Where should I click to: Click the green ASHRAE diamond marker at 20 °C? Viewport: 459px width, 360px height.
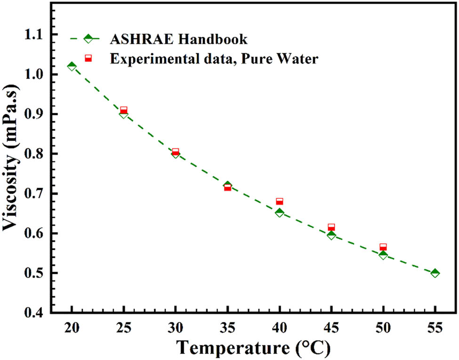(72, 66)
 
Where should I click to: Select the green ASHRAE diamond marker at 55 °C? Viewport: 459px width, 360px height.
(435, 273)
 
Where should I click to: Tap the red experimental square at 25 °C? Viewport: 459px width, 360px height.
(124, 110)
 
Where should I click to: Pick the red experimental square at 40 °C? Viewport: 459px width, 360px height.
(280, 201)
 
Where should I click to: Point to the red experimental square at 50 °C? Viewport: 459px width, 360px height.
(383, 247)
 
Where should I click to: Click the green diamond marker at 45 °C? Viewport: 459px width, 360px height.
(331, 235)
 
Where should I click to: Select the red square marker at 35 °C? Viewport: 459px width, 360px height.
(227, 187)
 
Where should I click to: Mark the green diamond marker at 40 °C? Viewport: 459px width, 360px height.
(280, 213)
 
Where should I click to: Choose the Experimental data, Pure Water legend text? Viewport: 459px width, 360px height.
(208, 59)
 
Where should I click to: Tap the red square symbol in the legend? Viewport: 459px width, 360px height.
(88, 58)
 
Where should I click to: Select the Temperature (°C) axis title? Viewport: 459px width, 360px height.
(253, 348)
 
